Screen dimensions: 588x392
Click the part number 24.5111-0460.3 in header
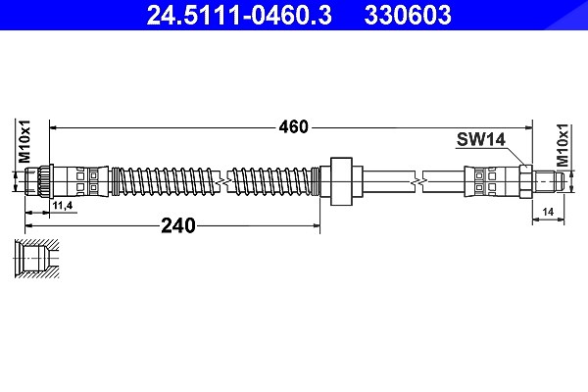[x=239, y=15]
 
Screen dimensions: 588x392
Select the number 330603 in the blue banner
[x=408, y=15]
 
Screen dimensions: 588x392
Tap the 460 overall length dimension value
[x=293, y=127]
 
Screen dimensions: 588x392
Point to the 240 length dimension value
[x=178, y=225]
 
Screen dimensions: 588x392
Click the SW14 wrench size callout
[x=481, y=139]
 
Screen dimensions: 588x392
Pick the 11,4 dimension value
[x=63, y=206]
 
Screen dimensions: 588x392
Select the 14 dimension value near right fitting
[x=548, y=212]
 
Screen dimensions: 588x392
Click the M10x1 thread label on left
[x=24, y=141]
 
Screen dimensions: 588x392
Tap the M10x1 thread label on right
[x=563, y=145]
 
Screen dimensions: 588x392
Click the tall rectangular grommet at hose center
[x=341, y=181]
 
